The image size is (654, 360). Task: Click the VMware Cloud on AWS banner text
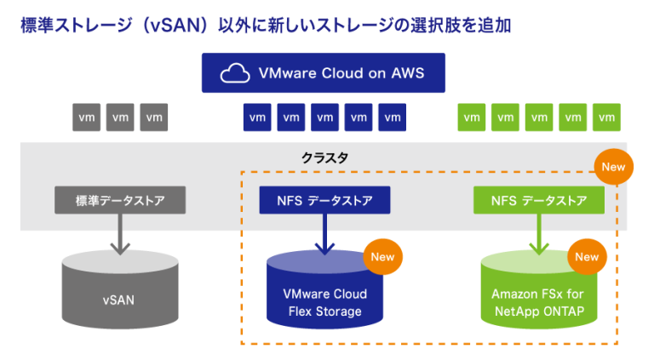click(x=341, y=73)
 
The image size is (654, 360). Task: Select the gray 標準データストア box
click(x=120, y=201)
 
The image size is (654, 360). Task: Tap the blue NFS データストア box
click(x=324, y=201)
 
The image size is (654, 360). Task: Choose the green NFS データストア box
click(x=538, y=201)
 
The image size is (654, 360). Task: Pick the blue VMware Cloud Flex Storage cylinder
click(x=324, y=298)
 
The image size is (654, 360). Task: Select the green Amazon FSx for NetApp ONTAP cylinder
click(x=538, y=298)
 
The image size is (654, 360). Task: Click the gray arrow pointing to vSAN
click(x=120, y=234)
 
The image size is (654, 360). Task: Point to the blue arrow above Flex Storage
click(x=324, y=234)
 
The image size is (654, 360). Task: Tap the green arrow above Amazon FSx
click(x=538, y=234)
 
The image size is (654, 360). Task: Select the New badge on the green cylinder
click(x=587, y=256)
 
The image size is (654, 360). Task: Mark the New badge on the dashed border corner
click(x=613, y=167)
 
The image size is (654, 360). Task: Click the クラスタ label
click(x=324, y=158)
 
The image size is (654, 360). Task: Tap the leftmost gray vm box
click(x=86, y=117)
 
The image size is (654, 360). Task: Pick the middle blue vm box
click(x=324, y=117)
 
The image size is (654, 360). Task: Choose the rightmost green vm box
click(x=605, y=117)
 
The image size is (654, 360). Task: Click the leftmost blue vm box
click(x=257, y=117)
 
